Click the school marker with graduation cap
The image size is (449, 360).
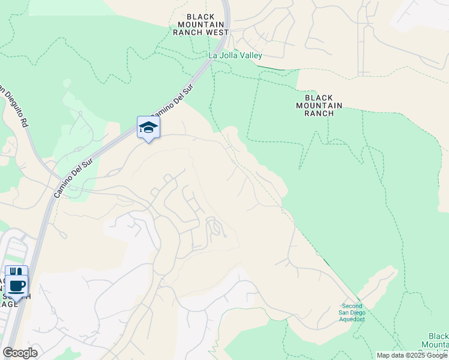pos(148,128)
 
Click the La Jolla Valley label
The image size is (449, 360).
pos(235,55)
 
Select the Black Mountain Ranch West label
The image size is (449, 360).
pos(200,25)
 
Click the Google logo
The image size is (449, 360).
pos(20,352)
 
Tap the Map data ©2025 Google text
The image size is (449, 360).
pos(411,355)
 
